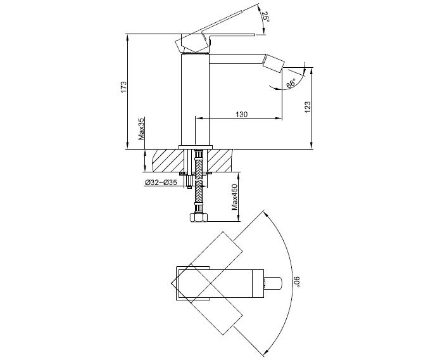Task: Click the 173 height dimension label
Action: pos(123,87)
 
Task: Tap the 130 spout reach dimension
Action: pos(242,114)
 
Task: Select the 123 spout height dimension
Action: pos(308,107)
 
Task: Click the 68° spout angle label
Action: pos(291,84)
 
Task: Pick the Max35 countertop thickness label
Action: pos(141,129)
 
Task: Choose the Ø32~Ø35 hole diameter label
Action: pos(161,183)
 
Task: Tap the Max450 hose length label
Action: pos(235,197)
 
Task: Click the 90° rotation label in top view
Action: pos(297,282)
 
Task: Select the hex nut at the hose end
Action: pos(199,217)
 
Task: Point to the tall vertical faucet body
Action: pos(195,100)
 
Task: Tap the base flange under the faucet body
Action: pos(196,147)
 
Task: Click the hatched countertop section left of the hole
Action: pos(168,160)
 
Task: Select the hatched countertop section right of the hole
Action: pos(220,160)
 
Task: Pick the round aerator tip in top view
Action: pos(273,283)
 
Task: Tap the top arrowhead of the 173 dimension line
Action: pos(127,37)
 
